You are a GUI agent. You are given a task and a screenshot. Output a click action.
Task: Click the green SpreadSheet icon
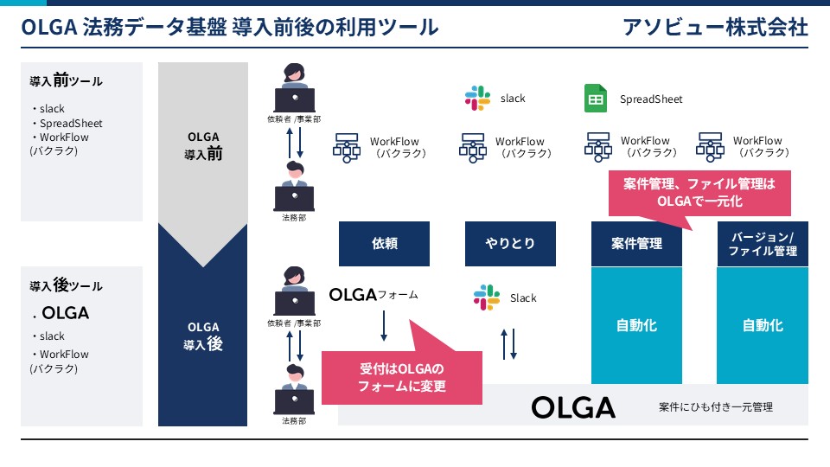pos(596,99)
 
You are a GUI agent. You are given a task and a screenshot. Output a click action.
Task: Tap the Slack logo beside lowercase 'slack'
pos(477,98)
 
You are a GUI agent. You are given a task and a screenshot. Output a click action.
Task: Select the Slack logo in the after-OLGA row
pos(487,297)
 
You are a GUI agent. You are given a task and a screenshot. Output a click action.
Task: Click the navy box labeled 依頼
pos(384,244)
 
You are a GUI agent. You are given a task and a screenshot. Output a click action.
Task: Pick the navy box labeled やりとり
pos(510,244)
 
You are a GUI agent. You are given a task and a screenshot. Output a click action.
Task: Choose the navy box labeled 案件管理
pos(636,244)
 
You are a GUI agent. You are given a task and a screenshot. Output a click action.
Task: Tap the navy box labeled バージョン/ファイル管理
pos(763,244)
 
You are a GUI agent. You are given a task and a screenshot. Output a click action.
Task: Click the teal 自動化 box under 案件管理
pos(636,325)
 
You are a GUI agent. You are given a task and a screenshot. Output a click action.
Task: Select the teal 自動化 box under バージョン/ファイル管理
pos(763,325)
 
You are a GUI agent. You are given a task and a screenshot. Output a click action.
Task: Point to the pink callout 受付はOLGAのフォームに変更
pos(402,377)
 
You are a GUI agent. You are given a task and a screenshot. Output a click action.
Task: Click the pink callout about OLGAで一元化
pos(699,193)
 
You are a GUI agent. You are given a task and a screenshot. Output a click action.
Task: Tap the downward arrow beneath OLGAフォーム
pos(384,326)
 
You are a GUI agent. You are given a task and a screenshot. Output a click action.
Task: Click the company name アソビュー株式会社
pos(715,27)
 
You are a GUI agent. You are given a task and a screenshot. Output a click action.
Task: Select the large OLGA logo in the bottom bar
pos(573,407)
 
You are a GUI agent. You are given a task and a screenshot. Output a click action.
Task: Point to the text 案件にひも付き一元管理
pos(716,407)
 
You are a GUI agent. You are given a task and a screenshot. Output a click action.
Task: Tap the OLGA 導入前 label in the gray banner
pos(203,145)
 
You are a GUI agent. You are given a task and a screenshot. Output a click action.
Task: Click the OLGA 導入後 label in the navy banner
pos(203,336)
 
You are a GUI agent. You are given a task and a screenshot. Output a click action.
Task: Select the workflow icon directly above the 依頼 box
pos(346,147)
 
